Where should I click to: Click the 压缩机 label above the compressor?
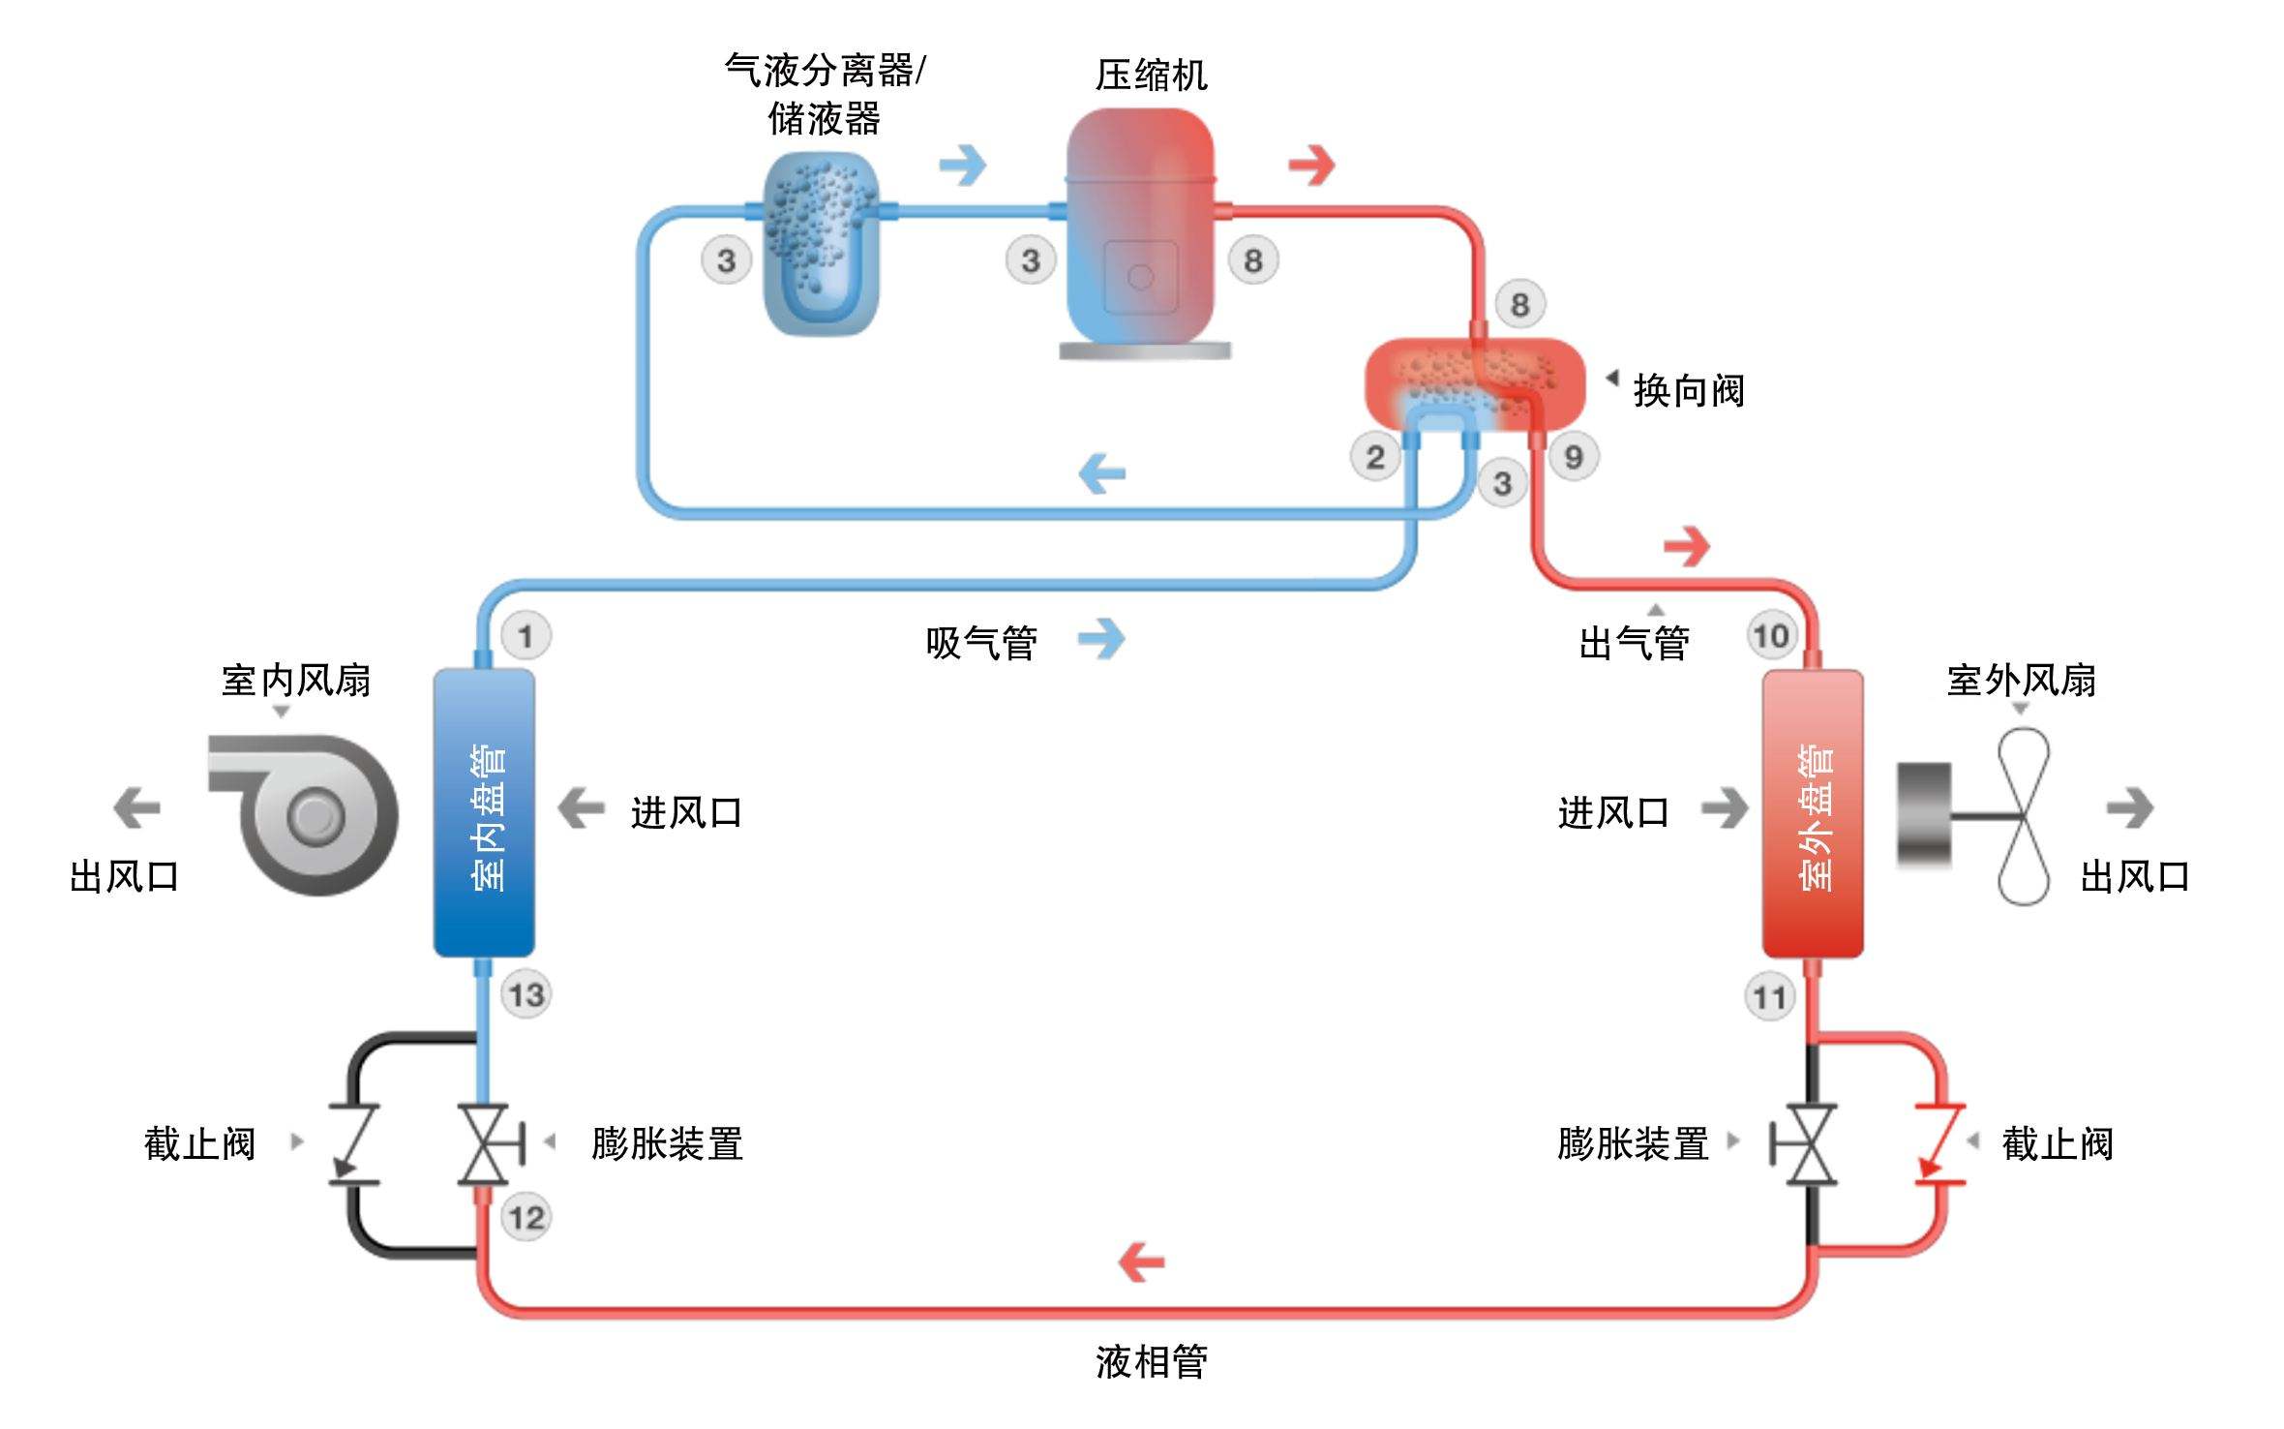pyautogui.click(x=1151, y=76)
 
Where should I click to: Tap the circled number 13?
pyautogui.click(x=526, y=994)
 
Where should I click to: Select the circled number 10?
pyautogui.click(x=1771, y=636)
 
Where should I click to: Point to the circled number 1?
pyautogui.click(x=526, y=636)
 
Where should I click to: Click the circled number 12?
pyautogui.click(x=526, y=1217)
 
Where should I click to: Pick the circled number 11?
pyautogui.click(x=1769, y=997)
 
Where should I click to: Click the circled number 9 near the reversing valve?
pyautogui.click(x=1574, y=456)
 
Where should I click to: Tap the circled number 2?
pyautogui.click(x=1374, y=457)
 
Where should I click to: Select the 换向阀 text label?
pyautogui.click(x=1689, y=391)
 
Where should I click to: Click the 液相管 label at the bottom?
pyautogui.click(x=1151, y=1362)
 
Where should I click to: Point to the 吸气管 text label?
pyautogui.click(x=981, y=643)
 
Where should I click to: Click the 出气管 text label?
pyautogui.click(x=1634, y=643)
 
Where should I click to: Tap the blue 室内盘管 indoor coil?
pyautogui.click(x=484, y=813)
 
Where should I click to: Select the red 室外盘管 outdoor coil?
pyautogui.click(x=1813, y=813)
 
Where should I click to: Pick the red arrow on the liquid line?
pyautogui.click(x=1141, y=1262)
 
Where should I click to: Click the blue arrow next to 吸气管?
pyautogui.click(x=1102, y=639)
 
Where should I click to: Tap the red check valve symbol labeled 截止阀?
pyautogui.click(x=1939, y=1144)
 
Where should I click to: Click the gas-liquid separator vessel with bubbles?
pyautogui.click(x=821, y=242)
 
